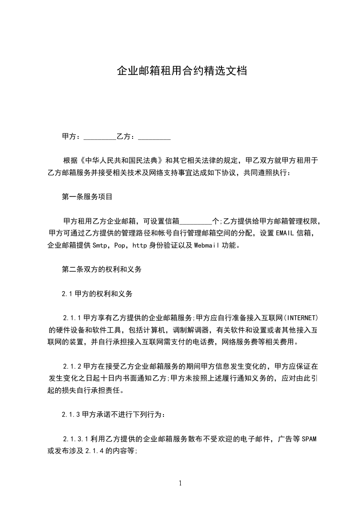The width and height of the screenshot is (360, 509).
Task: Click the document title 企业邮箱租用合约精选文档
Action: pyautogui.click(x=182, y=71)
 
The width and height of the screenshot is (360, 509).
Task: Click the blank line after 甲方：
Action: pyautogui.click(x=100, y=137)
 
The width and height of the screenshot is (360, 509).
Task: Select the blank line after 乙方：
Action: pyautogui.click(x=154, y=137)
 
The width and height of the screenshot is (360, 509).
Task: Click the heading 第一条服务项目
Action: pyautogui.click(x=87, y=197)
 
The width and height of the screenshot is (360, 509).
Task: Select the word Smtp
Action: pyautogui.click(x=100, y=246)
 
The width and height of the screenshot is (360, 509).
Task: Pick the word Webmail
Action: pyautogui.click(x=207, y=246)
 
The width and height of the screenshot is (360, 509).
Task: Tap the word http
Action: pyautogui.click(x=139, y=246)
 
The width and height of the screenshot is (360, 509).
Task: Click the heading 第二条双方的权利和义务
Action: pyautogui.click(x=102, y=269)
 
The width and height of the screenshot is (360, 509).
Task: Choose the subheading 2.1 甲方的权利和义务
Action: pyautogui.click(x=97, y=294)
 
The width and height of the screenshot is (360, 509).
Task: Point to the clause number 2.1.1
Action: pyautogui.click(x=72, y=317)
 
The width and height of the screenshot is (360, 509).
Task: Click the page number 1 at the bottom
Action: pyautogui.click(x=180, y=484)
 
